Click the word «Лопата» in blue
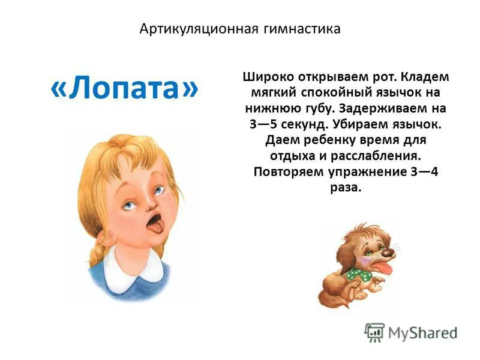[x=124, y=88]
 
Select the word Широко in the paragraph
[x=268, y=77]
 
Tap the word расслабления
[x=376, y=156]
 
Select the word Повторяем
[x=289, y=172]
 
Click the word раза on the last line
[x=346, y=187]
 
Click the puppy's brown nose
[x=388, y=252]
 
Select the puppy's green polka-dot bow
[x=358, y=274]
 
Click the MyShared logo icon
[x=374, y=332]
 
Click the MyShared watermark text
[x=423, y=333]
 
